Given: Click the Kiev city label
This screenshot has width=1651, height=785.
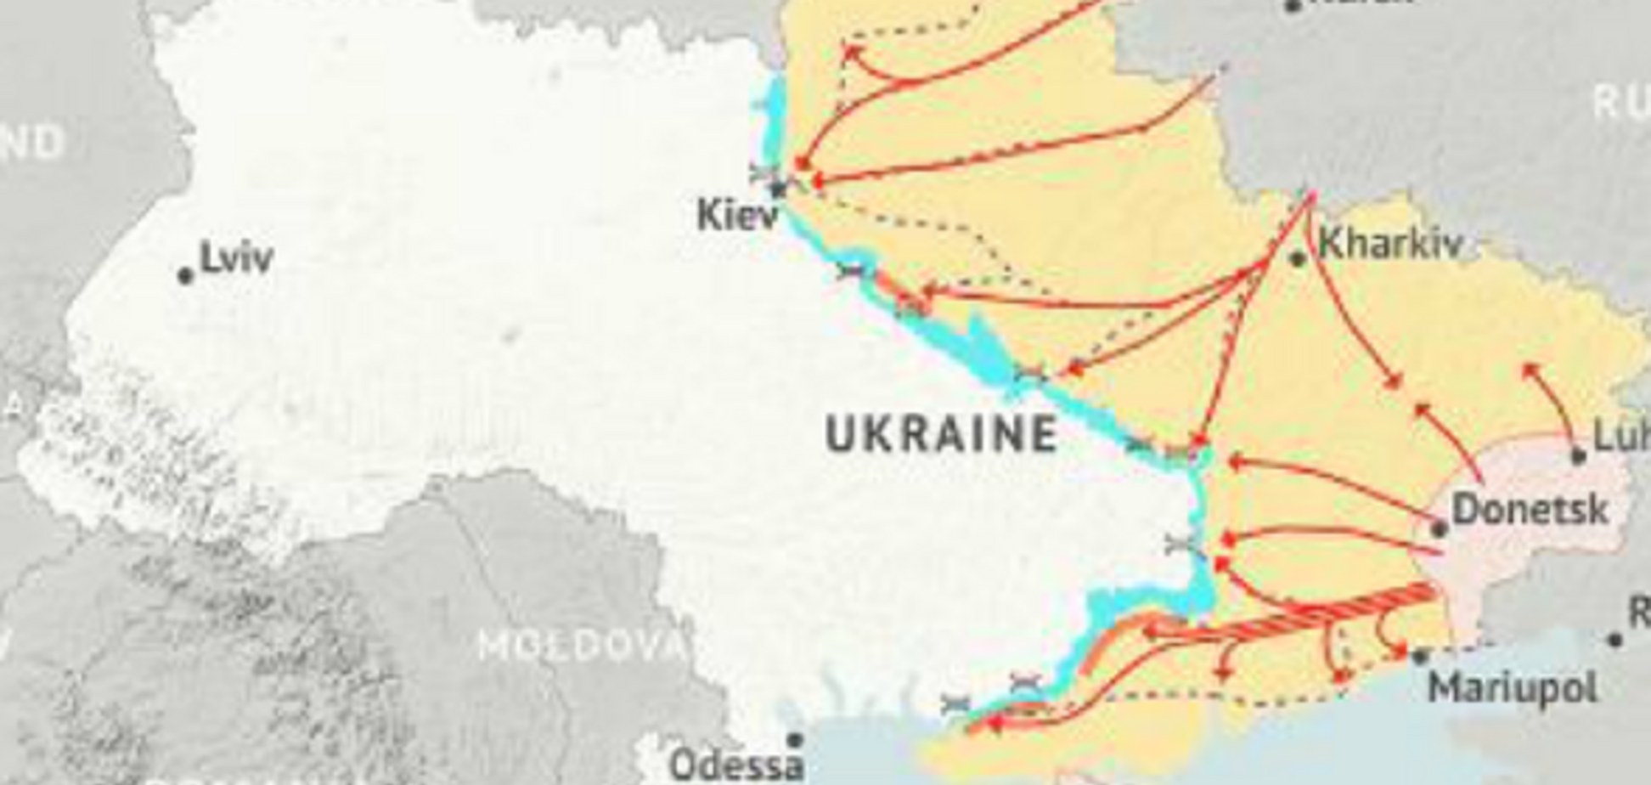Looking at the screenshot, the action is tap(736, 214).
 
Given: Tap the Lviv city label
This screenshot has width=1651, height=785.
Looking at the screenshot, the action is tap(236, 257).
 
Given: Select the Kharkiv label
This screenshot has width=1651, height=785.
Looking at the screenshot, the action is tap(1390, 244).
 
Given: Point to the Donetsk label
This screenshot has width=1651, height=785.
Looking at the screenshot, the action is tap(1530, 509).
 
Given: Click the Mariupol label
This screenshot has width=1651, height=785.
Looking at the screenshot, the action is tap(1512, 686).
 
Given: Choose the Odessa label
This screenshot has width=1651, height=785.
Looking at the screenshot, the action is tap(735, 765).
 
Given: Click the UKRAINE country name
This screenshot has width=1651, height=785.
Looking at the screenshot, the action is tap(941, 434).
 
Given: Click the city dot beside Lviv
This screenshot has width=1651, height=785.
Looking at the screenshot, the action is tap(185, 275).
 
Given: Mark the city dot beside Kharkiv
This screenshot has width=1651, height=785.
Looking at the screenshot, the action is tap(1297, 258).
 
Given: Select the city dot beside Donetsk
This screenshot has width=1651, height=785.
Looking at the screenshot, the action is tap(1439, 529).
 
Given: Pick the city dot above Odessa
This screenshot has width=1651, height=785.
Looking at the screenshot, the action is tap(795, 740).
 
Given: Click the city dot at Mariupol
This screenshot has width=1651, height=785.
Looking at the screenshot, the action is tap(1420, 656).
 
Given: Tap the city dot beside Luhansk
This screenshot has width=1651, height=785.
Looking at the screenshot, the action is tap(1578, 455).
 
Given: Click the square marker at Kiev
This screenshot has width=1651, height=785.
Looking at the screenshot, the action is tap(778, 189).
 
